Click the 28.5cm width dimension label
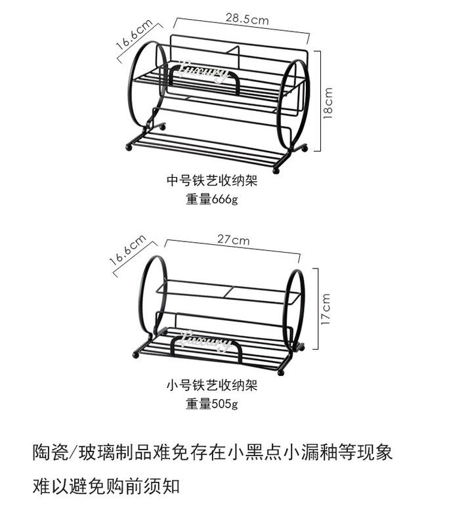point(247,20)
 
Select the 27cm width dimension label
point(234,240)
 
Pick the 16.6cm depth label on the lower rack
point(127,250)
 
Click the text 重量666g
point(211,199)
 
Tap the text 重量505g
point(211,404)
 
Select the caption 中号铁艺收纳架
point(211,180)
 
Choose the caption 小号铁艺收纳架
point(211,385)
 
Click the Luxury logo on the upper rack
point(203,70)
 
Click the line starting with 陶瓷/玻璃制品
point(213,452)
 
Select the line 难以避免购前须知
point(106,486)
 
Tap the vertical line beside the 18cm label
point(320,101)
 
